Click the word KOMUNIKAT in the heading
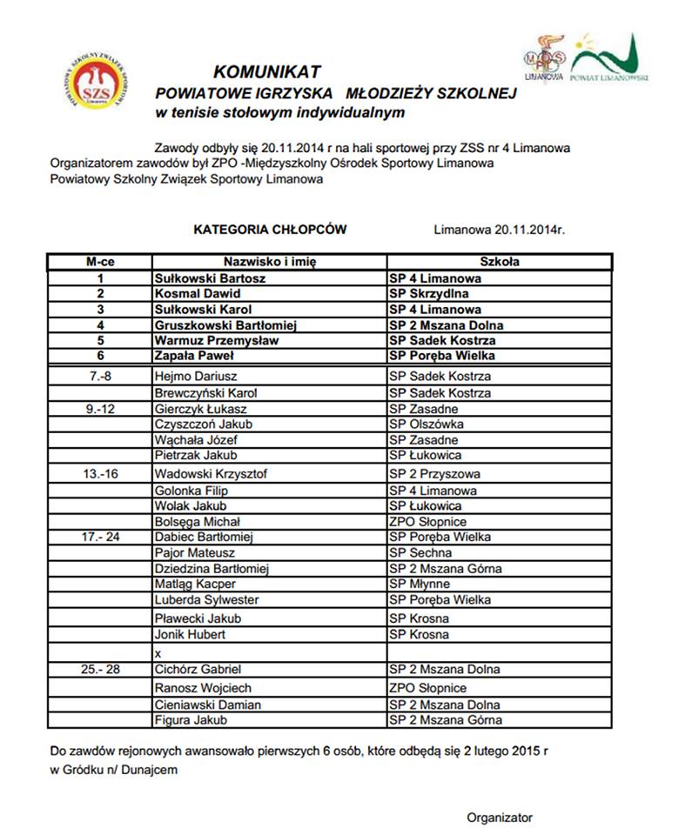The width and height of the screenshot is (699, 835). click(267, 71)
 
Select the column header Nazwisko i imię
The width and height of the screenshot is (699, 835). click(270, 261)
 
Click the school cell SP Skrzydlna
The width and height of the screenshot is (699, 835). click(427, 294)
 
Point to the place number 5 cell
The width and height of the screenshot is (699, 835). click(100, 340)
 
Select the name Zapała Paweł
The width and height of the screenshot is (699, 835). click(192, 356)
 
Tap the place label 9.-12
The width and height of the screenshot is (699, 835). click(101, 409)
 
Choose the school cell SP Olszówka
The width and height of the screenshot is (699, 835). click(426, 424)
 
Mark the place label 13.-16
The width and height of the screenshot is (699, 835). click(101, 474)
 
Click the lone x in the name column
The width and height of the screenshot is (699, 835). click(158, 652)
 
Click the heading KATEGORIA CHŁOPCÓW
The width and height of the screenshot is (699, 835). click(270, 230)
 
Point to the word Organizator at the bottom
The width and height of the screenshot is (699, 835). click(500, 817)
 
